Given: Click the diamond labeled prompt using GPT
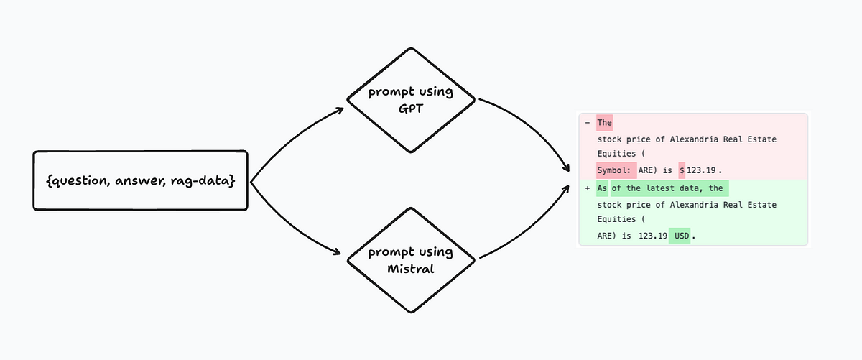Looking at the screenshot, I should pyautogui.click(x=410, y=101).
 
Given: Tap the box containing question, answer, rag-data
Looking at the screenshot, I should pyautogui.click(x=141, y=180).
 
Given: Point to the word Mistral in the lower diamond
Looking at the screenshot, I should pyautogui.click(x=410, y=269).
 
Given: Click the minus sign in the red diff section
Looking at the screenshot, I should pyautogui.click(x=588, y=123).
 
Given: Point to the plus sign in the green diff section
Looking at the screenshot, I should pyautogui.click(x=588, y=189).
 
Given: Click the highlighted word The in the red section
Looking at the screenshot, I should pyautogui.click(x=604, y=123).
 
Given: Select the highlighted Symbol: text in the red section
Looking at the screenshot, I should pyautogui.click(x=616, y=170).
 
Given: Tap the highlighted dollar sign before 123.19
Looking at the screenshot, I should pyautogui.click(x=682, y=170).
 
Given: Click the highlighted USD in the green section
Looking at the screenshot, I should pyautogui.click(x=680, y=236).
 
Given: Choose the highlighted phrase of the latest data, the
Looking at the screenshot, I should pyautogui.click(x=669, y=189).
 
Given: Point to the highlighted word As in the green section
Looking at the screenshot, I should pyautogui.click(x=602, y=189).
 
